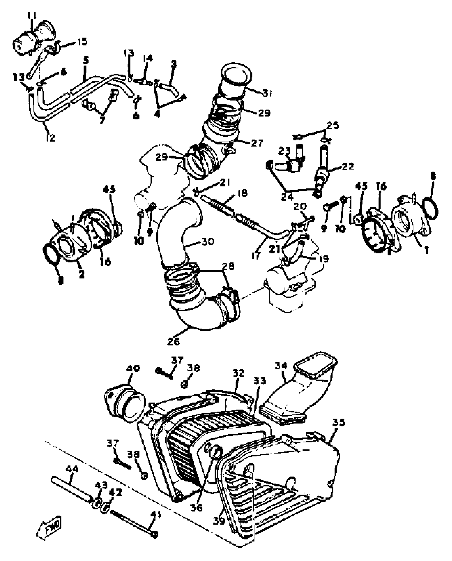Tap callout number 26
[173, 341]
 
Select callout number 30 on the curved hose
[208, 242]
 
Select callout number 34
[281, 366]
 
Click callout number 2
[81, 275]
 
